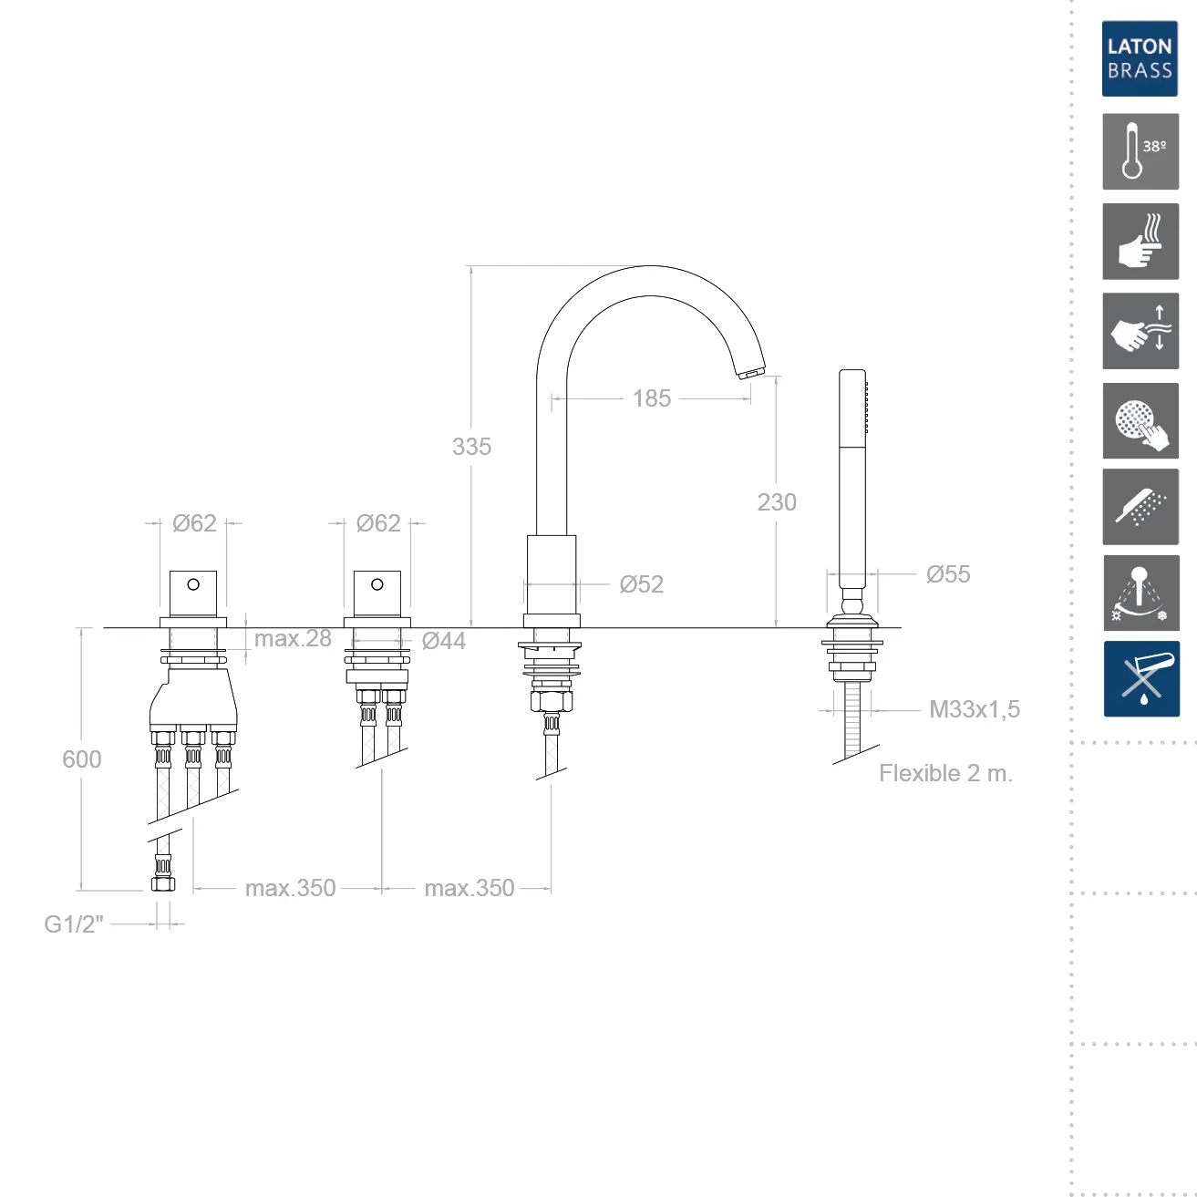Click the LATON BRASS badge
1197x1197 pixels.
pos(1140,58)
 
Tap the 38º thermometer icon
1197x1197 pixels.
pos(1140,151)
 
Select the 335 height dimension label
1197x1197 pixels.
pos(471,446)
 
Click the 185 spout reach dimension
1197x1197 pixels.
pos(652,398)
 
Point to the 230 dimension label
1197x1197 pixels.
pos(777,502)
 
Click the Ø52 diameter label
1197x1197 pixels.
pos(642,583)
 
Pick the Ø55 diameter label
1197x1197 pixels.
pos(948,574)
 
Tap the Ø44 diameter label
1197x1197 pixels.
pos(443,640)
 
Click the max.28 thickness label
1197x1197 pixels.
pos(293,638)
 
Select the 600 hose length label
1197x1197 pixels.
pos(81,759)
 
